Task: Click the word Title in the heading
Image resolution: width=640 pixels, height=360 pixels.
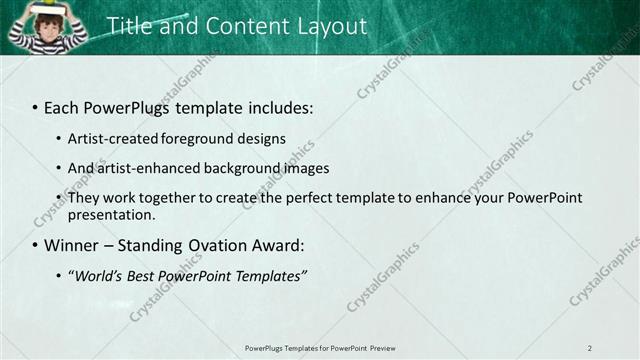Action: coord(128,26)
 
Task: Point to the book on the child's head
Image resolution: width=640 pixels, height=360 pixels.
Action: coord(46,9)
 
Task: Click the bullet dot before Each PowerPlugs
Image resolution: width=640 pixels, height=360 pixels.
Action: coord(35,107)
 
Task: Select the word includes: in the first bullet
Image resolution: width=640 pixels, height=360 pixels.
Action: coord(278,107)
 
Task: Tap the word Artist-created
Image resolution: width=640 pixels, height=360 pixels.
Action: coord(112,138)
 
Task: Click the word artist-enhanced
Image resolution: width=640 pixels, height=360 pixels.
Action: coord(140,168)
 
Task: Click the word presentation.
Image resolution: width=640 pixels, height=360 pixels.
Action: coord(111,214)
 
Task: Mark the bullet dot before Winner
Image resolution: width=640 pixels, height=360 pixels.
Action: coord(35,245)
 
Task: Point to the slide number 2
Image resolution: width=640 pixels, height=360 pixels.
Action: coord(589,348)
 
